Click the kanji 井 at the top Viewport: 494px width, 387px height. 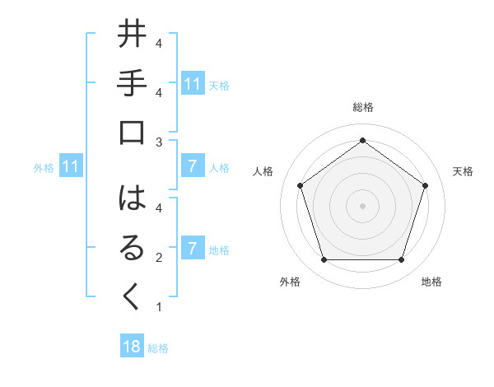pos(133,38)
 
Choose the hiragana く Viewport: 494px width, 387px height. pos(133,301)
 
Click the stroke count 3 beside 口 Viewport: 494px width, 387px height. pos(159,142)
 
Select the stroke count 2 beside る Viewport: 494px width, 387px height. pos(159,258)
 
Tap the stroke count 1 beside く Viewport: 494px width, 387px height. pos(159,308)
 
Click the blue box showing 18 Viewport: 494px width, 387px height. pos(132,347)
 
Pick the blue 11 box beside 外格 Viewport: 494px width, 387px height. pos(71,167)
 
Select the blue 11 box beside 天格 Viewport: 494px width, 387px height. pos(193,83)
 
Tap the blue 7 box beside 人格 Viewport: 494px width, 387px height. pos(193,167)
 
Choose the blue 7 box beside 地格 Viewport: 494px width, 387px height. pos(193,249)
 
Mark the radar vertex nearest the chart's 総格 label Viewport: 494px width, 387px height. pos(362,140)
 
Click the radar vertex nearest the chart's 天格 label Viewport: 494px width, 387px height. pos(425,185)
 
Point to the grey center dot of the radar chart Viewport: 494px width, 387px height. pos(362,205)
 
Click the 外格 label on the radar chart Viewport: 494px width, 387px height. pos(290,282)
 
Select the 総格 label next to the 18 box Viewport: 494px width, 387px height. pos(158,348)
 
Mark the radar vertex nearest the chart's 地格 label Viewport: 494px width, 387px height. pos(401,260)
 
